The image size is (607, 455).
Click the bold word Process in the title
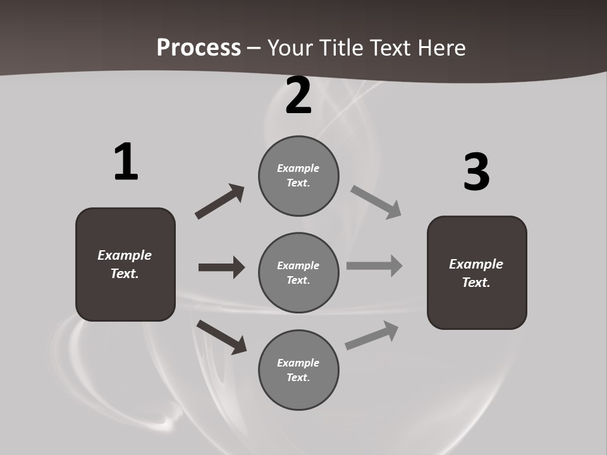[199, 47]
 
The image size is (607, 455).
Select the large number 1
[126, 162]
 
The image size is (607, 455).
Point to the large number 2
[298, 96]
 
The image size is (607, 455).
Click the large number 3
[477, 172]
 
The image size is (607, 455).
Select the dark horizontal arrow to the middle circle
[221, 267]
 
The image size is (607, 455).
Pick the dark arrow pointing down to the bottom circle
[221, 337]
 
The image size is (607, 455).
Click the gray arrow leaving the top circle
[376, 202]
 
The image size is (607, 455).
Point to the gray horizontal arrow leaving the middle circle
[374, 266]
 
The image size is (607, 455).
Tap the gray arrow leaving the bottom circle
[372, 336]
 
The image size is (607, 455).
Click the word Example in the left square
[125, 255]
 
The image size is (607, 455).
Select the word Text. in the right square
[476, 282]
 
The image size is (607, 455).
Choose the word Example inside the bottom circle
[298, 363]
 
